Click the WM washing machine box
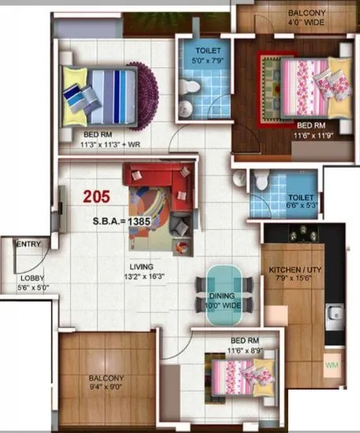[x=333, y=366]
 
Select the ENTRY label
[x=29, y=245]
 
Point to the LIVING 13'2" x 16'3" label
[x=142, y=273]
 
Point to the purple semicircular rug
[x=148, y=87]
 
